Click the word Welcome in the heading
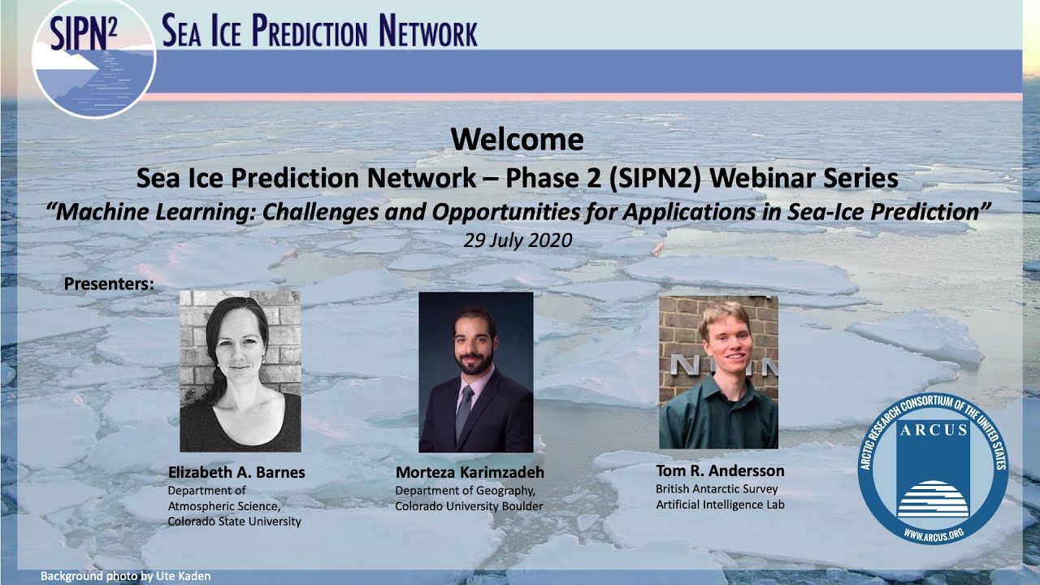(x=517, y=139)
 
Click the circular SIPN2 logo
(x=93, y=58)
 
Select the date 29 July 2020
(x=518, y=240)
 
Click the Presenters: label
(x=108, y=284)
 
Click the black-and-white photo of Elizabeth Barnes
(x=240, y=370)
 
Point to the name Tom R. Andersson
(x=719, y=470)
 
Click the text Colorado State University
(x=234, y=522)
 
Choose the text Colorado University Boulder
(x=469, y=506)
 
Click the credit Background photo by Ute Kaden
(x=126, y=576)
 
